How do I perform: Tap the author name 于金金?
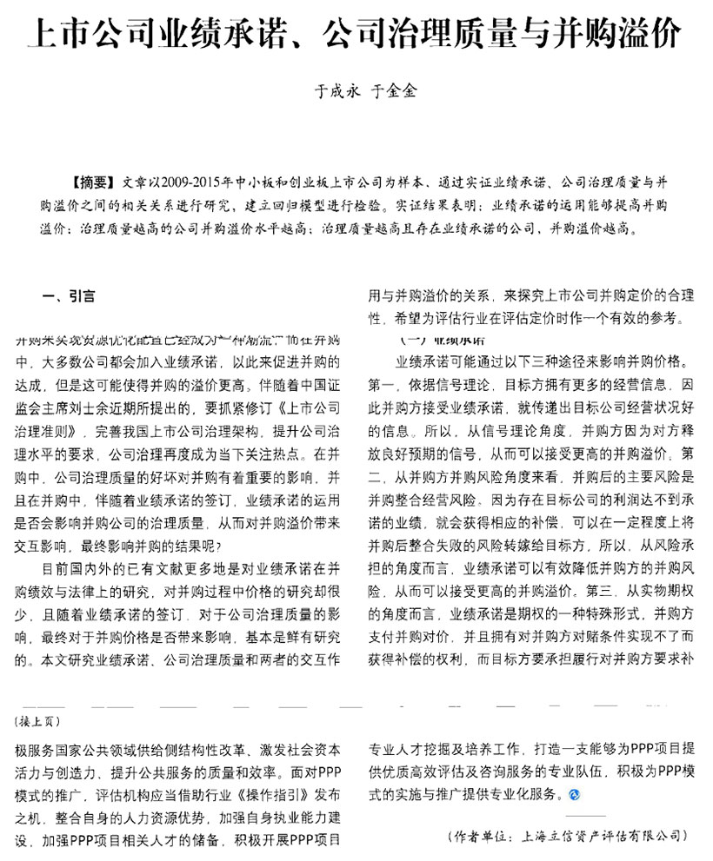394,90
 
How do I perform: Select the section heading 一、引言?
69,296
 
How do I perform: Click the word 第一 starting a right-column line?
383,382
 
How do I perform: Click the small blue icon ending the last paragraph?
575,794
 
